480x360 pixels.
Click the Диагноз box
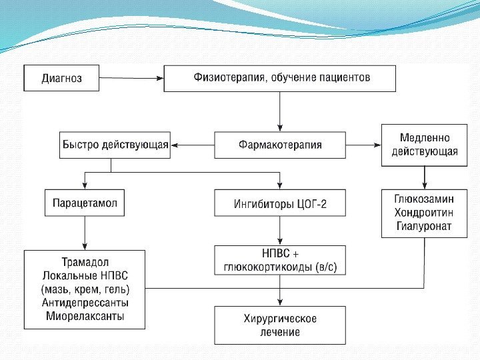tap(61, 78)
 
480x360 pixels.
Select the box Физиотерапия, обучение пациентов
tap(280, 78)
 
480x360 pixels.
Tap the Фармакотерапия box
tap(280, 145)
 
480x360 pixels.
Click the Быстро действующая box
tap(115, 145)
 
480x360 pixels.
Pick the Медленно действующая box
tap(425, 145)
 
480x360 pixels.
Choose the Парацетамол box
tap(85, 203)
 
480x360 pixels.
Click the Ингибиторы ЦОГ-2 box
tap(280, 203)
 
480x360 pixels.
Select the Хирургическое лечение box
tap(280, 325)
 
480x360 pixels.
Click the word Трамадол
tap(85, 262)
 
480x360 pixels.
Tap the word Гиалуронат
tap(425, 226)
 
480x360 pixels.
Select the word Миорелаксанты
tap(85, 317)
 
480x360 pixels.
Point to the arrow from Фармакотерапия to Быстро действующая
tap(192, 145)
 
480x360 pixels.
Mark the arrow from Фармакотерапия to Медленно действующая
tap(363, 145)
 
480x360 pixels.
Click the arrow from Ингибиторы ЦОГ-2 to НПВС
tap(280, 231)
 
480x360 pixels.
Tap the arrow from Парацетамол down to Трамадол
tap(85, 233)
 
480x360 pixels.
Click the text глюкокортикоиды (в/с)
tap(280, 267)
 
